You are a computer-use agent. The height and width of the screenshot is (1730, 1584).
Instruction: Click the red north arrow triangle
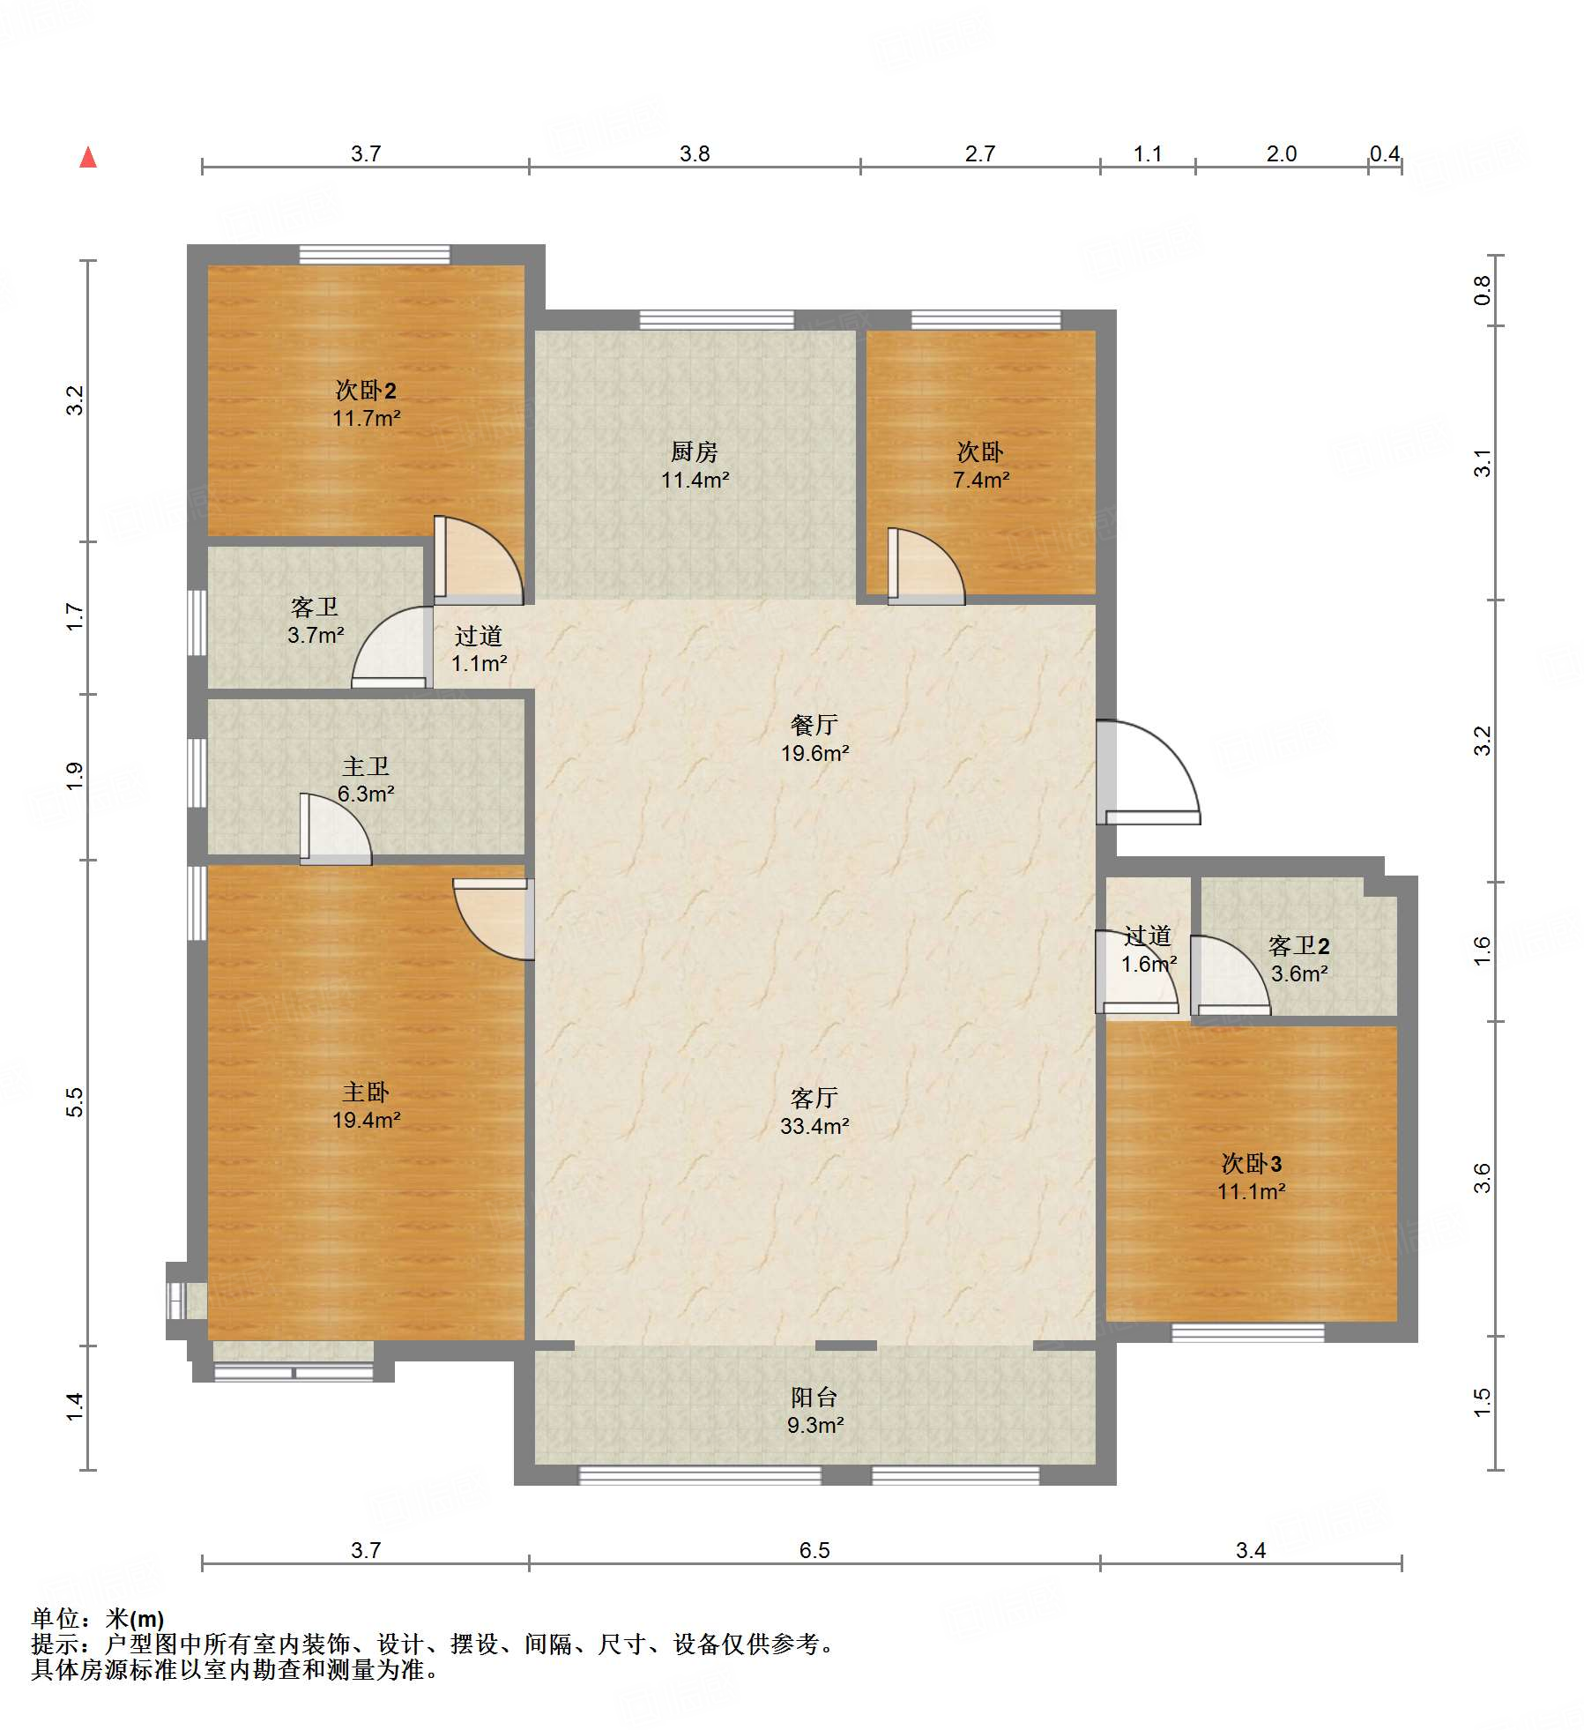pyautogui.click(x=88, y=158)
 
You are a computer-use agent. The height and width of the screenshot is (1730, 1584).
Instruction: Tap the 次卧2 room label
pyautogui.click(x=366, y=390)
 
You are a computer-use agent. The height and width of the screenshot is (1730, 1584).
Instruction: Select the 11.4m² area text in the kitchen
pyautogui.click(x=695, y=481)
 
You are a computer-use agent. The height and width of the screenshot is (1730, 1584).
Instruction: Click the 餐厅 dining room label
pyautogui.click(x=814, y=725)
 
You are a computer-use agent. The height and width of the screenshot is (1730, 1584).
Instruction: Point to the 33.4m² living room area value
pyautogui.click(x=814, y=1126)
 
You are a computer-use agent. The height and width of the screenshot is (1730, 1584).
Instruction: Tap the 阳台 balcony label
pyautogui.click(x=814, y=1397)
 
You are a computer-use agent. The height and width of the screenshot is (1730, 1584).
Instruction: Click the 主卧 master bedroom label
pyautogui.click(x=366, y=1092)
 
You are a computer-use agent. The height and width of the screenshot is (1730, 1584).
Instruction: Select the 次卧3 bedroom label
pyautogui.click(x=1252, y=1164)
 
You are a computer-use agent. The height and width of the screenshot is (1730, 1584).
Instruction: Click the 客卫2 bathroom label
pyautogui.click(x=1299, y=946)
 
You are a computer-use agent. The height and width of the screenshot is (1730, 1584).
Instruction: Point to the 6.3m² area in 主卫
pyautogui.click(x=366, y=794)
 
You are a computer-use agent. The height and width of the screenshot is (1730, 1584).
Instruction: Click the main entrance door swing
pyautogui.click(x=1148, y=772)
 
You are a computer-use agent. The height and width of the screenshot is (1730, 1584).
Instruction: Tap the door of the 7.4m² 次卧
pyautogui.click(x=926, y=566)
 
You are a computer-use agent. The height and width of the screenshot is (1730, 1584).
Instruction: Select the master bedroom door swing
pyautogui.click(x=494, y=919)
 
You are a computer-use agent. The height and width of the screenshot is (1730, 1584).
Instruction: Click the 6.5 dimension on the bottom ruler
pyautogui.click(x=814, y=1550)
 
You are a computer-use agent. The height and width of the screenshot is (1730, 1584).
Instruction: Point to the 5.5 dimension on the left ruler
pyautogui.click(x=75, y=1102)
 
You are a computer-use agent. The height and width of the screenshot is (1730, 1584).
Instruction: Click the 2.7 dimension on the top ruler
pyautogui.click(x=980, y=154)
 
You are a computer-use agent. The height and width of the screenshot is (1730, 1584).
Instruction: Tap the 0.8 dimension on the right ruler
pyautogui.click(x=1483, y=290)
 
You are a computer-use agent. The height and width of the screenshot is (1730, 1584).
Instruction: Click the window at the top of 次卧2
pyautogui.click(x=375, y=254)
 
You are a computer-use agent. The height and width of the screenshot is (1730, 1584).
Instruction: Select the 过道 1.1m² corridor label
pyautogui.click(x=479, y=650)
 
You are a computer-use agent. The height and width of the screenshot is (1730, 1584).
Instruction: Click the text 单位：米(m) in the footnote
pyautogui.click(x=98, y=1619)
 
